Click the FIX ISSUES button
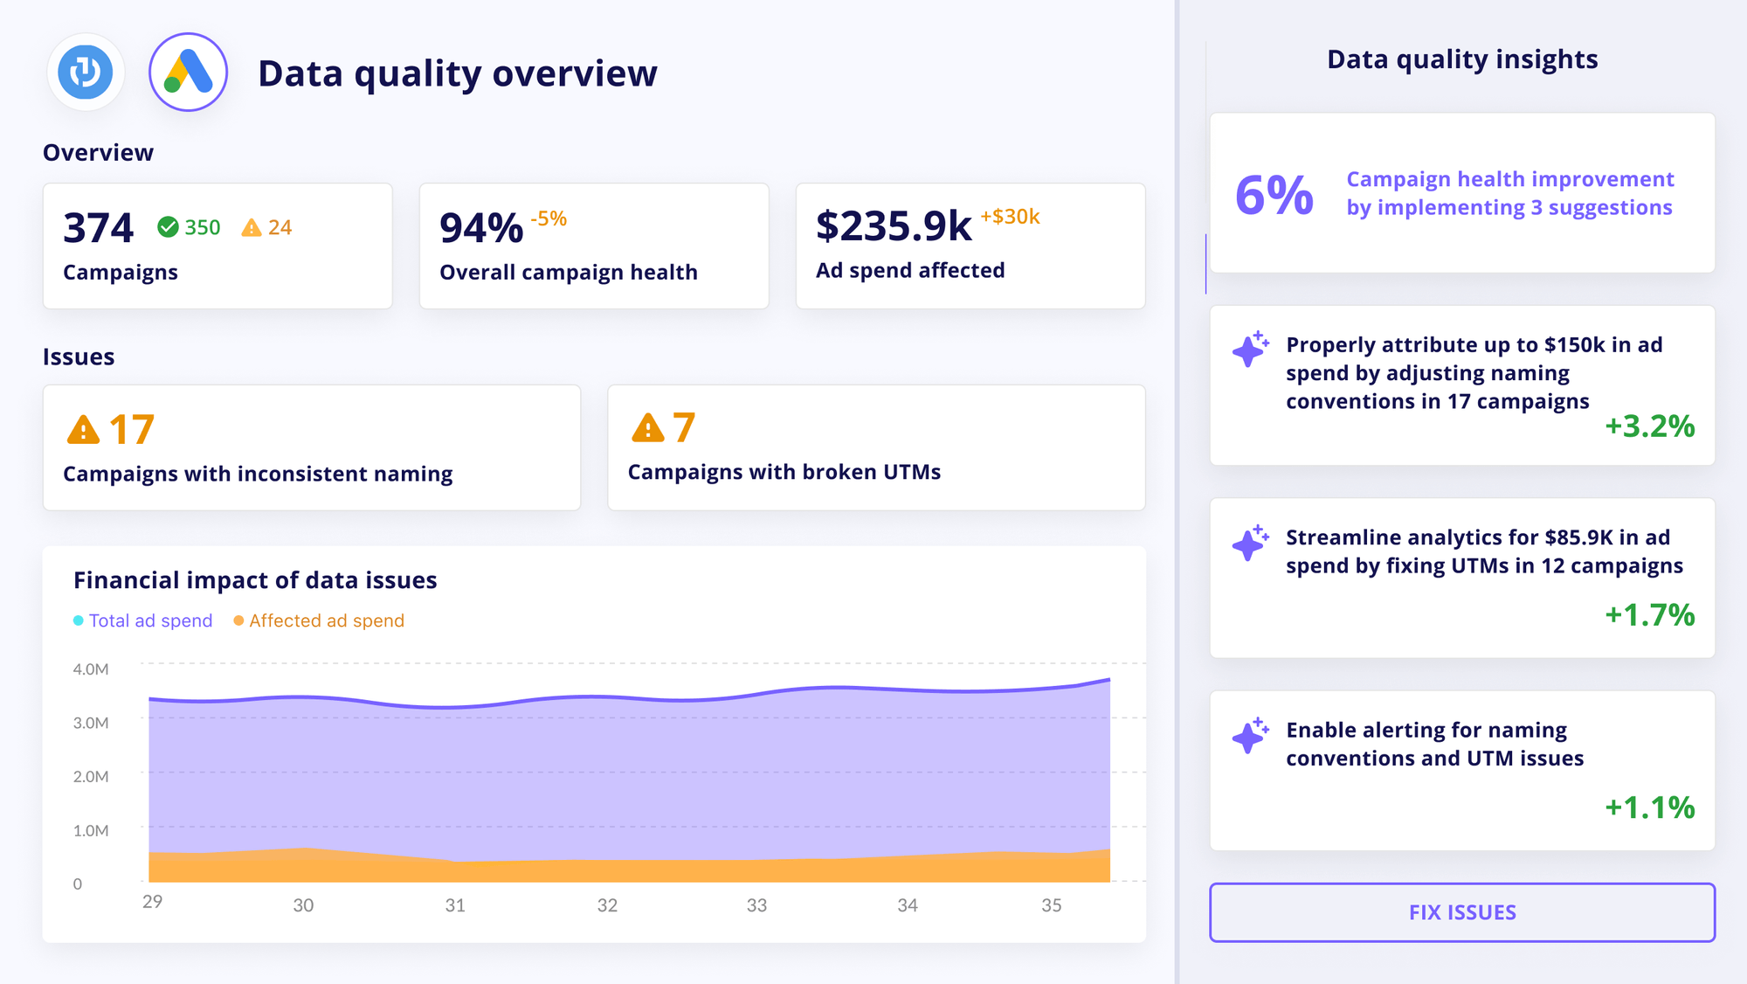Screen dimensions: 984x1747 pyautogui.click(x=1461, y=912)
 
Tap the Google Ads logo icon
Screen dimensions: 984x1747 pyautogui.click(x=189, y=73)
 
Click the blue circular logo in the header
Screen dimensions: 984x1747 pyautogui.click(x=86, y=73)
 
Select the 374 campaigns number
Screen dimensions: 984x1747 pyautogui.click(x=98, y=228)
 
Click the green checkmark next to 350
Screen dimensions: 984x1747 pyautogui.click(x=168, y=227)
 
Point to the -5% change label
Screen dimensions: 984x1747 pyautogui.click(x=549, y=218)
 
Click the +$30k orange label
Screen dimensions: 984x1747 pyautogui.click(x=1010, y=217)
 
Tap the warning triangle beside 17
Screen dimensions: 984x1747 pyautogui.click(x=83, y=430)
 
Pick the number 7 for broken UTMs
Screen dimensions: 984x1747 pyautogui.click(x=684, y=428)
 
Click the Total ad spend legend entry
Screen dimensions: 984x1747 pyautogui.click(x=143, y=620)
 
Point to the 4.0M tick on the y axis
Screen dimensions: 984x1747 pyautogui.click(x=91, y=669)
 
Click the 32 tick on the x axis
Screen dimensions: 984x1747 pyautogui.click(x=607, y=905)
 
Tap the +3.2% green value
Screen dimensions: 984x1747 pyautogui.click(x=1649, y=426)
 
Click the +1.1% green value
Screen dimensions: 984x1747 pyautogui.click(x=1649, y=807)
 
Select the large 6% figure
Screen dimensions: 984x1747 pyautogui.click(x=1274, y=194)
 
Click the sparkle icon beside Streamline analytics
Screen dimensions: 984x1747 pyautogui.click(x=1250, y=543)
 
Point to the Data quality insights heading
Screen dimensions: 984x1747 pyautogui.click(x=1462, y=59)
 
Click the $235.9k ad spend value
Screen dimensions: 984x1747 pyautogui.click(x=893, y=226)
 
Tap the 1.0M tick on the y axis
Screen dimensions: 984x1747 pyautogui.click(x=91, y=831)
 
